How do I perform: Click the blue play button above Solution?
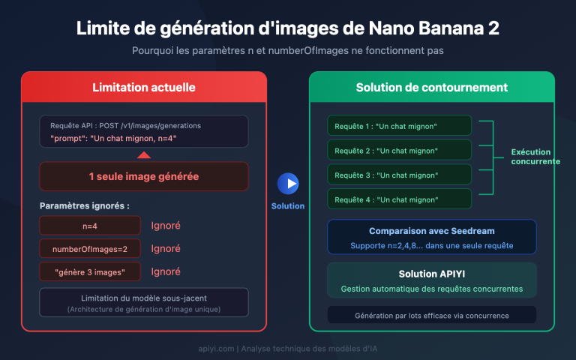point(288,183)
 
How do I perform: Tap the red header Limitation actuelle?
point(144,88)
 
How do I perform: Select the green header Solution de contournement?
point(432,88)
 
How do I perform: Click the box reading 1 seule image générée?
point(144,177)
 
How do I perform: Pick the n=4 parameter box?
point(90,225)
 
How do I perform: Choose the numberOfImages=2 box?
point(90,248)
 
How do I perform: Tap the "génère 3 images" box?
point(90,271)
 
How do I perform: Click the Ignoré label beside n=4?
point(166,225)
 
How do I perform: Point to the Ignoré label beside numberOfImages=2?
point(166,248)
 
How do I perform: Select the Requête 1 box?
point(399,125)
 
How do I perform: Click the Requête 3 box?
point(399,175)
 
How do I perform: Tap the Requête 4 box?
point(399,199)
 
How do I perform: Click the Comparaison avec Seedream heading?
point(432,231)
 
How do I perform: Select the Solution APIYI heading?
point(432,274)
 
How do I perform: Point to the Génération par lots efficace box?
point(432,315)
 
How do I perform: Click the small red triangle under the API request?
point(144,154)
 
